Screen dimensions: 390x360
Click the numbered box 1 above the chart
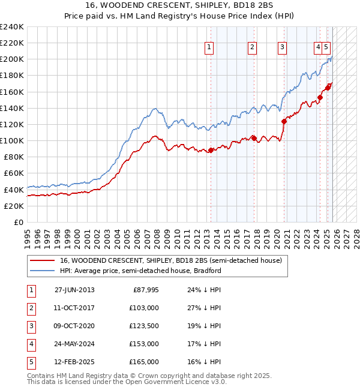pos(209,47)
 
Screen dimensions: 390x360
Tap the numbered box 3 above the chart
pos(281,47)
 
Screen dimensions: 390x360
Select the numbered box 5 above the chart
pos(325,47)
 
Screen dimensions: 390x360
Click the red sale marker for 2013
pos(211,151)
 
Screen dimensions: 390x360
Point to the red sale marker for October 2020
pos(284,121)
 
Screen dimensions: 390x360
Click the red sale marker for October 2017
pos(254,138)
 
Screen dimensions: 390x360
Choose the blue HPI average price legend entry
pos(140,271)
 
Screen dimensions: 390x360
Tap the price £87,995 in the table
pos(145,289)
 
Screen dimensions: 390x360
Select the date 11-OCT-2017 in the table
pos(74,307)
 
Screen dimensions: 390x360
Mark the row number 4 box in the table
pos(29,344)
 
